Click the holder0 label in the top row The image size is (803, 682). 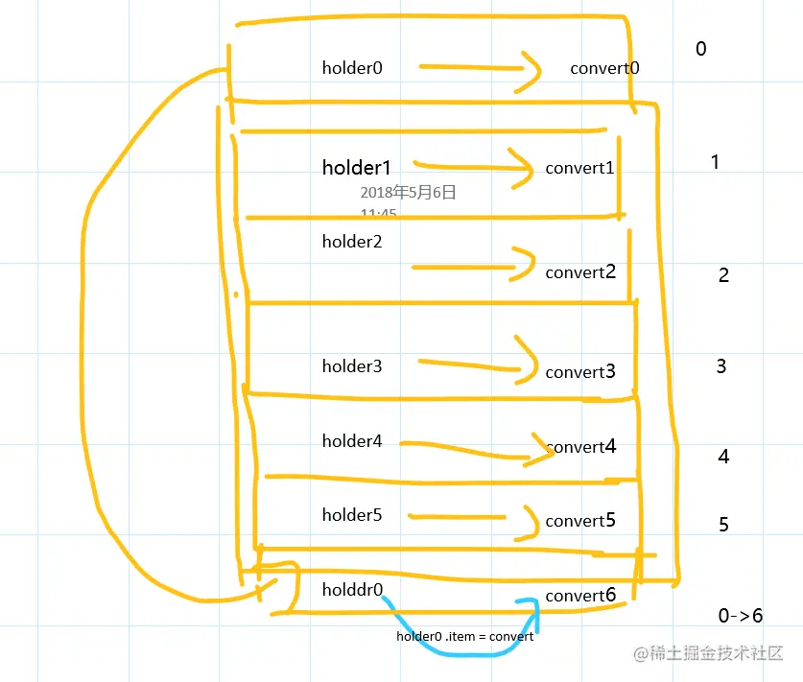coord(352,68)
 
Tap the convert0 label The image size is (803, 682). coord(604,68)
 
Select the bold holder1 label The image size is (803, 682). coord(356,168)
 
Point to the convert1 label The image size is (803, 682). coord(579,168)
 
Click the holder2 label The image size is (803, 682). coord(352,242)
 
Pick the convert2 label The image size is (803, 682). coord(580,272)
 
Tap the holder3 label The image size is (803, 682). coord(352,366)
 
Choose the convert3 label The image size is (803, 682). coord(580,372)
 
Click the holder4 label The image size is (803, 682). coord(352,441)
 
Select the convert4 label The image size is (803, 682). coord(581,447)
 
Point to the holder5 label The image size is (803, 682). coord(352,515)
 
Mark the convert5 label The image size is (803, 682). coord(580,521)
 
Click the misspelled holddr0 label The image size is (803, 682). coord(352,589)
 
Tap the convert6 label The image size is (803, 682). coord(580,596)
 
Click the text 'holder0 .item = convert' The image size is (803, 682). coord(464,637)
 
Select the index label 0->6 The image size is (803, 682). coord(741,616)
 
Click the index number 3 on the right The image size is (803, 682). coord(721,366)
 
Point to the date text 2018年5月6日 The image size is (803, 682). coord(408,193)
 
